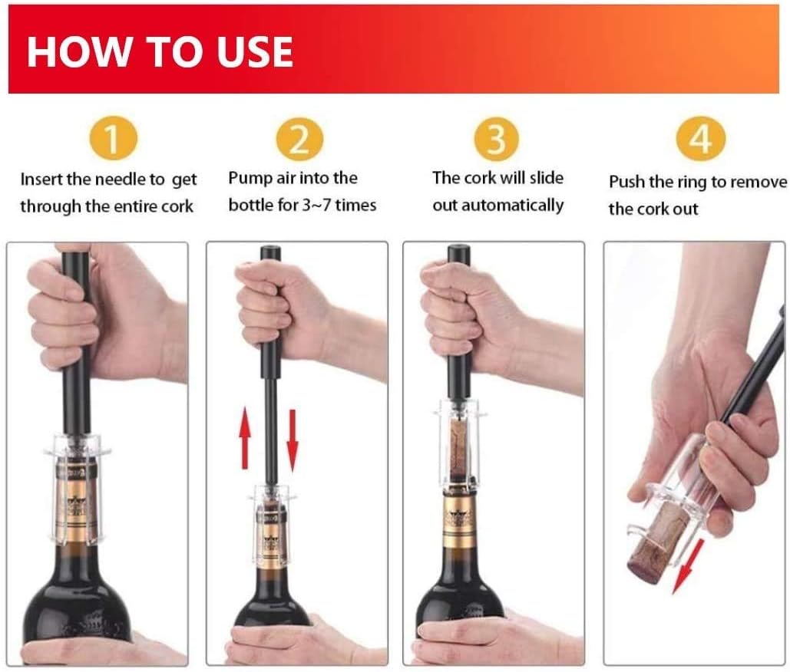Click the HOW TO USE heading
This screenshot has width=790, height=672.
pyautogui.click(x=160, y=51)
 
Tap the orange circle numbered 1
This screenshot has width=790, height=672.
pyautogui.click(x=111, y=140)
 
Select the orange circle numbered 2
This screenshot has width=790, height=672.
pyautogui.click(x=299, y=140)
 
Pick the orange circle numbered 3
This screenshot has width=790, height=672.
pyautogui.click(x=497, y=140)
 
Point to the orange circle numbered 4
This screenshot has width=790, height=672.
pyautogui.click(x=699, y=140)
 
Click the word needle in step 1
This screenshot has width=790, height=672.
pyautogui.click(x=120, y=180)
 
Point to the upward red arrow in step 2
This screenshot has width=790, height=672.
pyautogui.click(x=245, y=439)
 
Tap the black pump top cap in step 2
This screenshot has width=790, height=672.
pyautogui.click(x=270, y=253)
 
